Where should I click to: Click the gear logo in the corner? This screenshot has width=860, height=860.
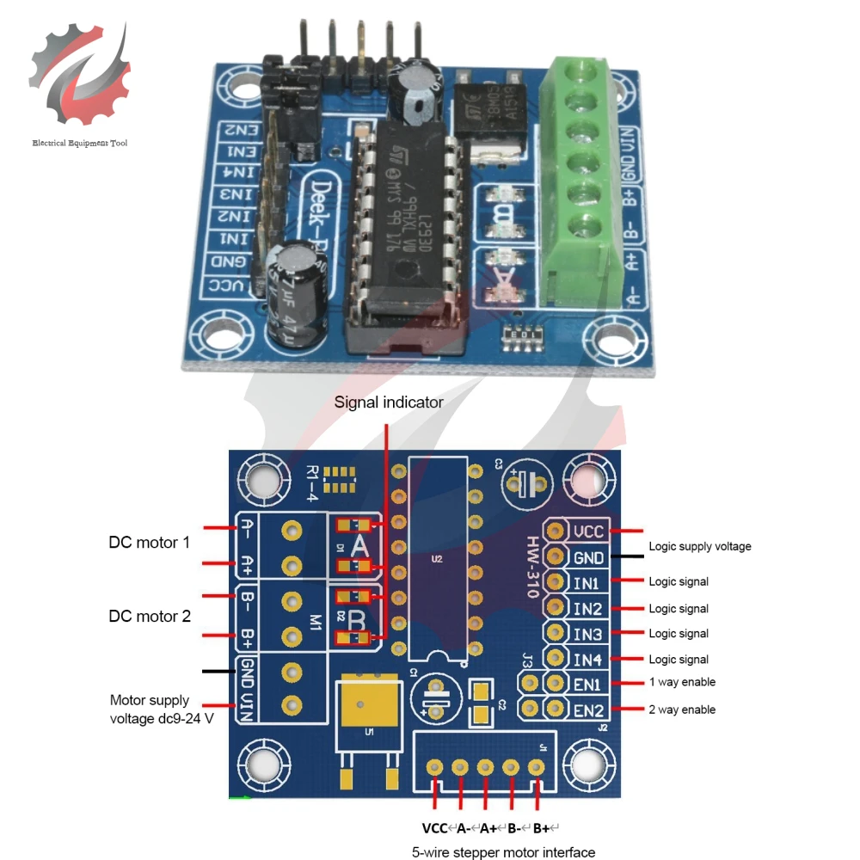point(79,78)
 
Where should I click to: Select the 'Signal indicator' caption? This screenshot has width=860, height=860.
point(389,402)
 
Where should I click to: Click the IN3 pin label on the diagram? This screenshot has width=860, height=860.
point(587,634)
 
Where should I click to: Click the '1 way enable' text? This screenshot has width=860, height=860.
point(682,683)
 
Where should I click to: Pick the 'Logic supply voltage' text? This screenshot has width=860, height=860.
point(699,546)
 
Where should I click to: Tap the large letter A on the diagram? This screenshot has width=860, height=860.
point(359,544)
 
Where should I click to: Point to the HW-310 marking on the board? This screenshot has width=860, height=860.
point(533,567)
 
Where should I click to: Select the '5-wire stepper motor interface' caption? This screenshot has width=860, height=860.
point(503,852)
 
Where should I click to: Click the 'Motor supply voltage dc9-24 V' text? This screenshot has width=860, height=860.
point(161,709)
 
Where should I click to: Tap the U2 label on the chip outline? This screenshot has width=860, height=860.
point(437,559)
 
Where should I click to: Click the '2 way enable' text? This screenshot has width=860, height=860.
point(682,709)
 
